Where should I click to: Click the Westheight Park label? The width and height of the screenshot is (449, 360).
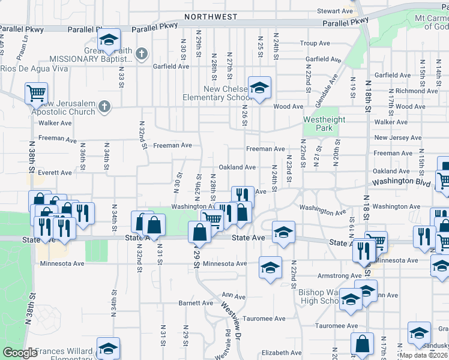pos(324,124)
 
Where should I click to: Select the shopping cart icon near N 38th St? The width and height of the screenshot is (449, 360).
pos(36,94)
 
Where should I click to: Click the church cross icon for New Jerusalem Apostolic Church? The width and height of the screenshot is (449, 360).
pos(104,107)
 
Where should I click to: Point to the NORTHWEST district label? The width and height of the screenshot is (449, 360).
pos(211,17)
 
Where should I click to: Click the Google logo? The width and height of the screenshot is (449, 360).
pos(20,353)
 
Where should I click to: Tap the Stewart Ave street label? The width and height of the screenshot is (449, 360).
pos(335,11)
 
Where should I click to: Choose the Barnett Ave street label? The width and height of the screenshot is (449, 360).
pos(196,303)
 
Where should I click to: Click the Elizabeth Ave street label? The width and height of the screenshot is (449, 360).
pos(281,353)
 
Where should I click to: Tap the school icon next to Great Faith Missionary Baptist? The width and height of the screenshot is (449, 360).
pos(109,40)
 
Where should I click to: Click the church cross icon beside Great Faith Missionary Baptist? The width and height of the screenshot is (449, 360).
pos(141,55)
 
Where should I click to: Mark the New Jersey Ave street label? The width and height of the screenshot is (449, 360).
pos(393,137)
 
